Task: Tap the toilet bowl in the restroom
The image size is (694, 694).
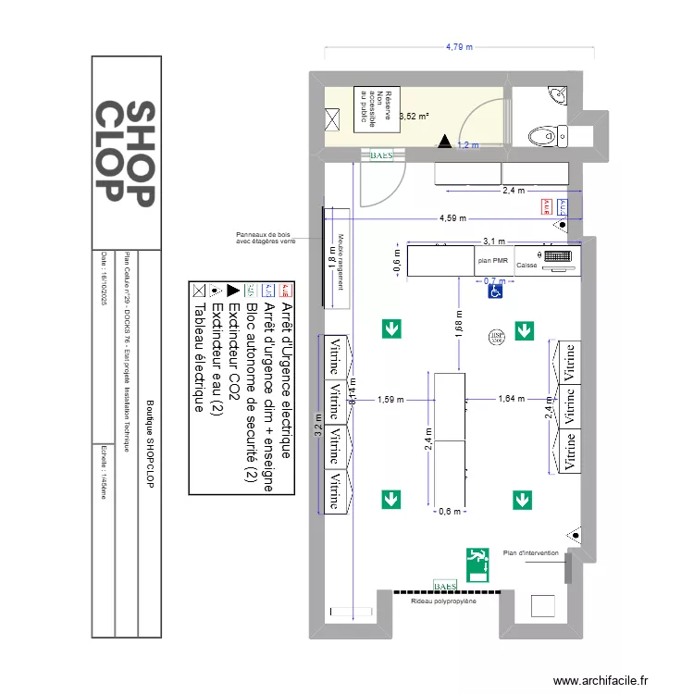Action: tap(544, 137)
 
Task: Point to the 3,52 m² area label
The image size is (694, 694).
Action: tap(414, 117)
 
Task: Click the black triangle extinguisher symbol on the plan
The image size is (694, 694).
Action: tap(445, 142)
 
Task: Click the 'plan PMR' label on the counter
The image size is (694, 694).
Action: tap(493, 262)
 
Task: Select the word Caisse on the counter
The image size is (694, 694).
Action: tap(527, 266)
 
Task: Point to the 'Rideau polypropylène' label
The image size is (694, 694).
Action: tap(444, 601)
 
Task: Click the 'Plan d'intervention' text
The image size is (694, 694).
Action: tap(531, 552)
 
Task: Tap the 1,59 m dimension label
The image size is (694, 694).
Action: tap(390, 400)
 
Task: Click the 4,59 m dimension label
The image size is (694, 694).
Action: tap(452, 219)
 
